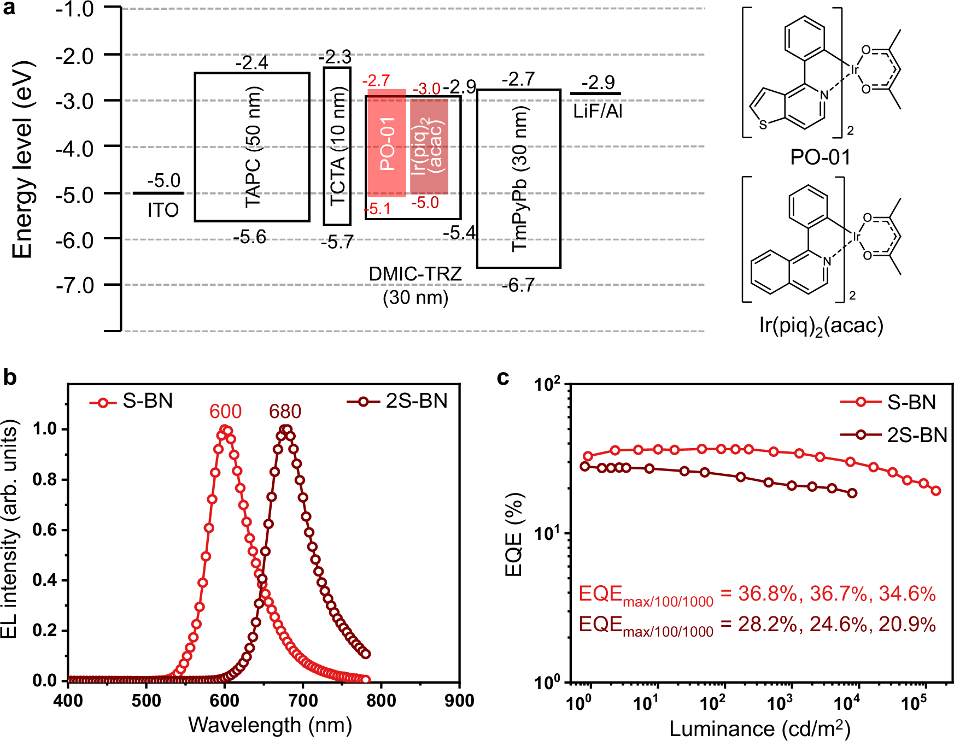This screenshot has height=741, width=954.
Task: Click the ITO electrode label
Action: [x=163, y=210]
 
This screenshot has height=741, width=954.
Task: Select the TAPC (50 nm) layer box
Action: [x=252, y=147]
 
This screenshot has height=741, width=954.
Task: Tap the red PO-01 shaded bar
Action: [x=387, y=143]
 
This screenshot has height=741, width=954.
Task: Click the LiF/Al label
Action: [x=598, y=111]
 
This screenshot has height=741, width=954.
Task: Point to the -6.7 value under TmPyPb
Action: [x=518, y=285]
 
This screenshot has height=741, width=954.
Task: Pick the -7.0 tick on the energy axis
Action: [x=75, y=285]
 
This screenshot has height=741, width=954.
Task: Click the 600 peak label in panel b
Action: [x=225, y=411]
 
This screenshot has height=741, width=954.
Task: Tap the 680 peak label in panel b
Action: [x=285, y=411]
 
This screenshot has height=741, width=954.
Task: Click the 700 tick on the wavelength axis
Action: [x=303, y=701]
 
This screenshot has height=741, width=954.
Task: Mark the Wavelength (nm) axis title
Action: [x=270, y=725]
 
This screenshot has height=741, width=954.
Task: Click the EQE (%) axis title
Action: [x=513, y=534]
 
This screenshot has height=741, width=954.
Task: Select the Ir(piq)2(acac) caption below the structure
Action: [x=821, y=326]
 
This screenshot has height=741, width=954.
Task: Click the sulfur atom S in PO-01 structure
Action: [x=763, y=125]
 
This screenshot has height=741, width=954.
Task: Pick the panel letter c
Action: [x=503, y=378]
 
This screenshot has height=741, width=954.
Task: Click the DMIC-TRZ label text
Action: [x=415, y=274]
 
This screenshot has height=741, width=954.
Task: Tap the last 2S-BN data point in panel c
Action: [x=852, y=493]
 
